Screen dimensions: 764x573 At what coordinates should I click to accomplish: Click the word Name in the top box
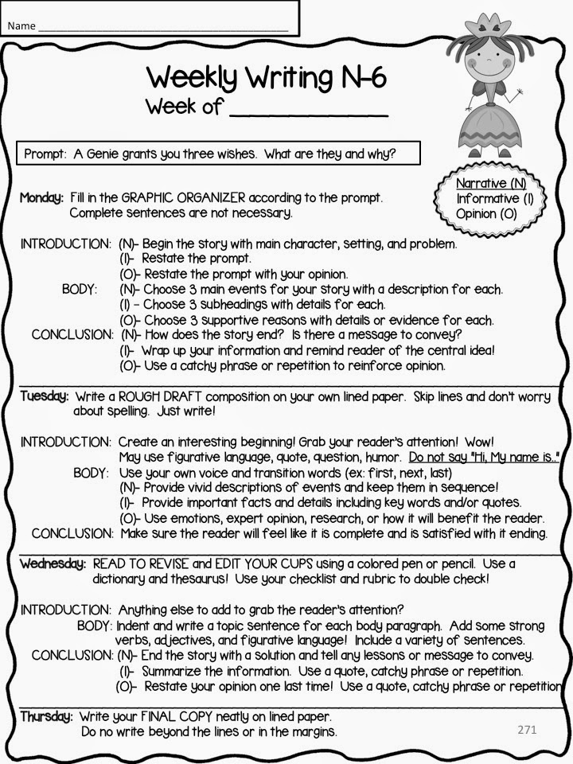pos(22,25)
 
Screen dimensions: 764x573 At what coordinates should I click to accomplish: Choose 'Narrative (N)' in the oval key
pos(491,184)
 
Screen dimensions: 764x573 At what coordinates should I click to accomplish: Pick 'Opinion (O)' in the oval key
pos(486,213)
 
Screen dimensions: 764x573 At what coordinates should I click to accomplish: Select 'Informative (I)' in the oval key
pos(494,198)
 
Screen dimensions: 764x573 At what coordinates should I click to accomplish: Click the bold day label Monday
pos(41,197)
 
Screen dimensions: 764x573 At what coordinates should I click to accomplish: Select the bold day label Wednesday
pos(53,563)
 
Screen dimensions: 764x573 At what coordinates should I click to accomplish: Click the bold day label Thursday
pos(46,716)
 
